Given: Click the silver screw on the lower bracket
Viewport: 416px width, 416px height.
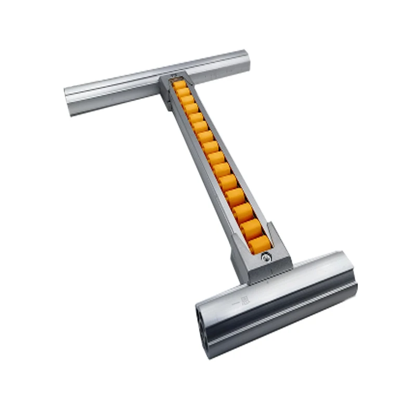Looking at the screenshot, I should coord(266,256).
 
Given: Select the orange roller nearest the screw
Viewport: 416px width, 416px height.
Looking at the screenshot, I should coord(258,243).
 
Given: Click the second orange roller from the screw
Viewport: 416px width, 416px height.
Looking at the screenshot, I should coord(250,227).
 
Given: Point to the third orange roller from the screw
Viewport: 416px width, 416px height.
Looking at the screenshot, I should coord(242,212).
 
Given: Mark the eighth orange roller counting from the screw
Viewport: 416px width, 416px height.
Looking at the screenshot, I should coord(212,147).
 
